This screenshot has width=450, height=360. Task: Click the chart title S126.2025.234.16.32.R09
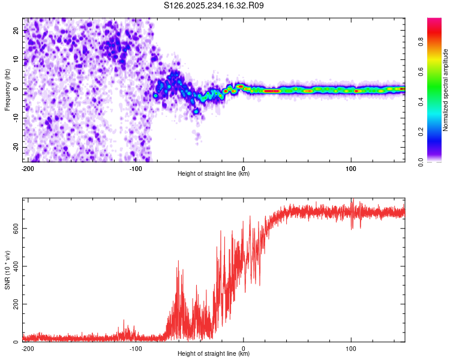[214, 5]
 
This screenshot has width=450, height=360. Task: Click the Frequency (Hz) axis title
[7, 89]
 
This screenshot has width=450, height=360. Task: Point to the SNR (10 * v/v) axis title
[7, 270]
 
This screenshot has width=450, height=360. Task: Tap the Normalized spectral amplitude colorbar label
[446, 90]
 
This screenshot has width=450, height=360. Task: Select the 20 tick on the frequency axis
[16, 30]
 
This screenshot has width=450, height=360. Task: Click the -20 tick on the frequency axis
[15, 148]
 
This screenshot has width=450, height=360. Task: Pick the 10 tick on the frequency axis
[16, 59]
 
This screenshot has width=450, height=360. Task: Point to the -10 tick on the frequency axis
[15, 118]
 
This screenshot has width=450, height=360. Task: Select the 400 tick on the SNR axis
[14, 266]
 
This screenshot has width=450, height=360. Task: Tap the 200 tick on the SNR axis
[14, 304]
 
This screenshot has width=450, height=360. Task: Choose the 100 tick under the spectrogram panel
[351, 168]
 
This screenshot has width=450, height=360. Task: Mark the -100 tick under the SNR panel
[136, 348]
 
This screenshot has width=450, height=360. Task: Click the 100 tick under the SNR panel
[351, 348]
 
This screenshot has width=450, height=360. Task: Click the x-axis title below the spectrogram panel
[214, 174]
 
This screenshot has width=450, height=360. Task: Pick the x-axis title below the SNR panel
[214, 354]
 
